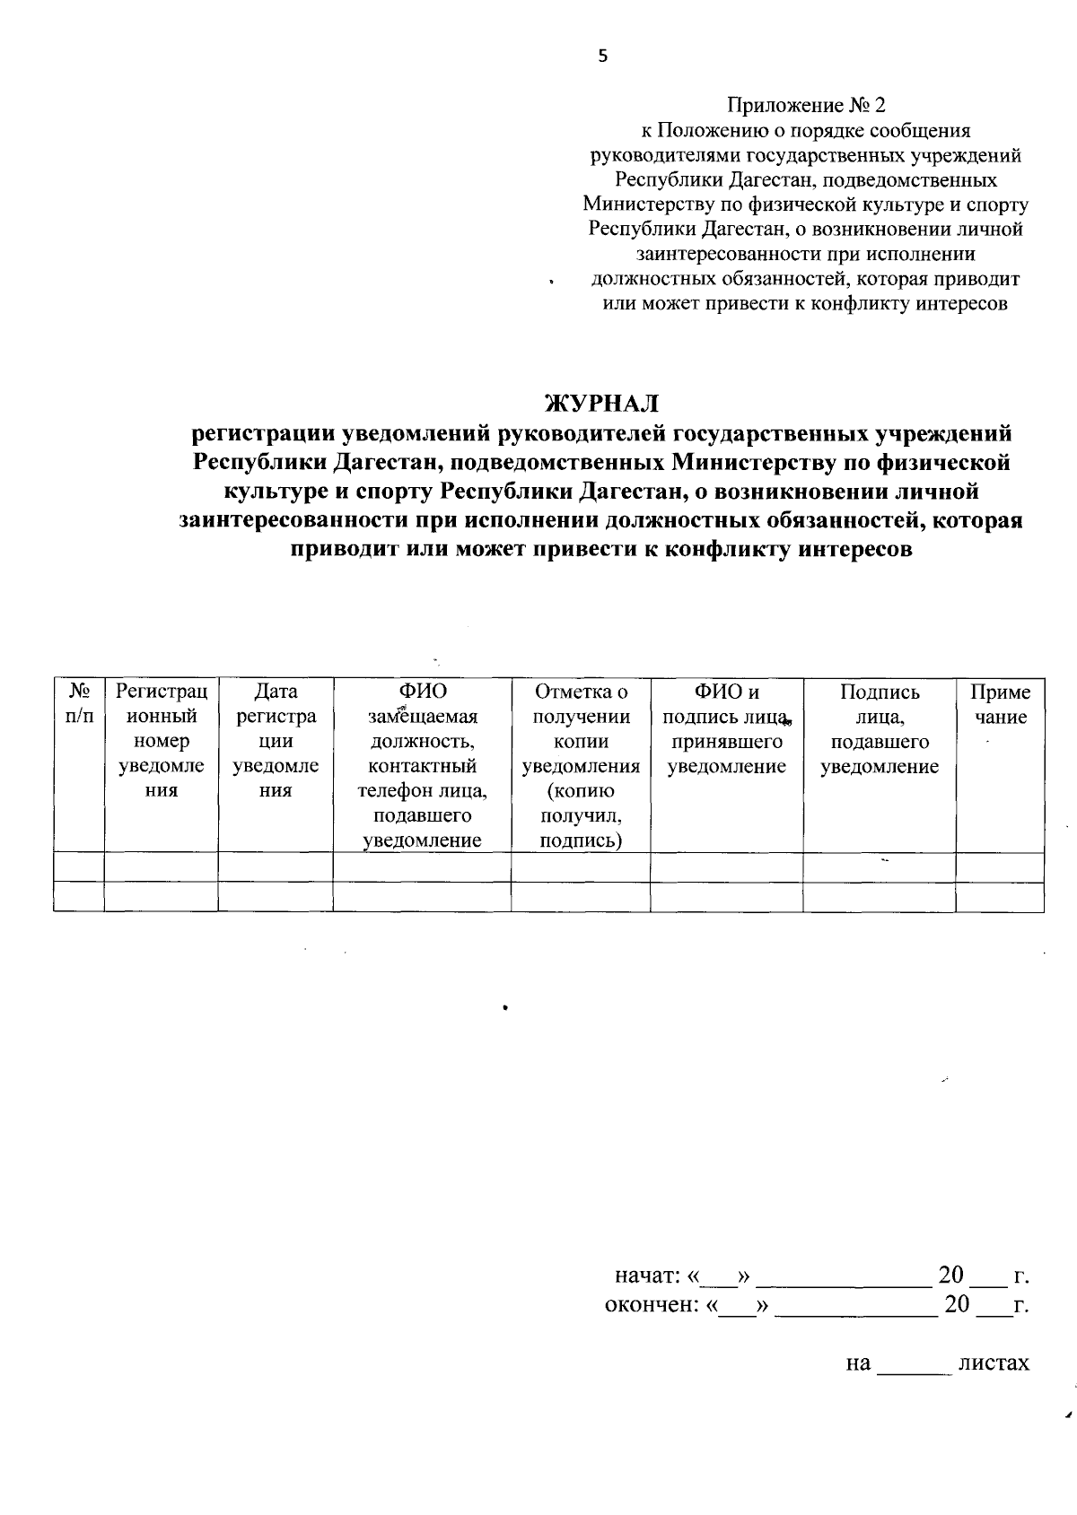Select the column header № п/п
tap(79, 704)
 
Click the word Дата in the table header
tap(276, 692)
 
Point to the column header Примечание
tap(1000, 704)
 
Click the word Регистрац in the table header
tap(162, 692)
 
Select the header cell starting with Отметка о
tap(581, 692)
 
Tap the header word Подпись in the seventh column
tap(880, 692)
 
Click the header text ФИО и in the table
tap(726, 692)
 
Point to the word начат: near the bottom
tap(646, 1276)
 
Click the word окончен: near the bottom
tap(652, 1304)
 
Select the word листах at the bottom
tap(994, 1363)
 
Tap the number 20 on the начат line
tap(950, 1275)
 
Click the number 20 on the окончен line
tap(957, 1303)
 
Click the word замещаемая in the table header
tap(422, 717)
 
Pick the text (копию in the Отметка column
tap(580, 791)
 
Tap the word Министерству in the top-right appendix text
tap(650, 205)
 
